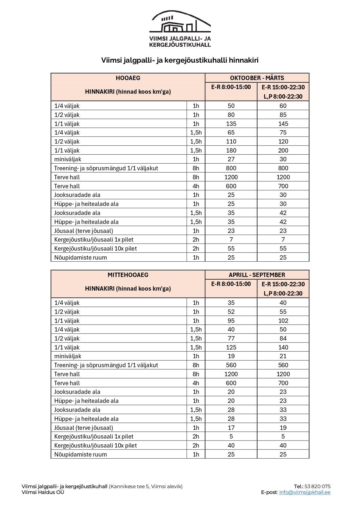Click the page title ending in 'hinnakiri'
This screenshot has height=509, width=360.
[x=180, y=60]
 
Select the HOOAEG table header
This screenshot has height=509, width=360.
[x=128, y=78]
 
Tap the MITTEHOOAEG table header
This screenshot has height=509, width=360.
[x=128, y=275]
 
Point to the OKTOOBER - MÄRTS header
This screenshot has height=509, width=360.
[x=257, y=78]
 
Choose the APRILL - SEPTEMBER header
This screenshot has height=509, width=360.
[x=257, y=275]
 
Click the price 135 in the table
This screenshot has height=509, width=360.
[x=231, y=124]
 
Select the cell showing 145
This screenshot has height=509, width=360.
[x=283, y=124]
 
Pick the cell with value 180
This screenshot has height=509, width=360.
[x=231, y=151]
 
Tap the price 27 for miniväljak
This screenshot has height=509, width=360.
[x=231, y=159]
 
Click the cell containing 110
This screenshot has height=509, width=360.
[x=231, y=142]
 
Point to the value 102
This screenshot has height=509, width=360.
[x=283, y=321]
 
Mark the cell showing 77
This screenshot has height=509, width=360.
[x=231, y=338]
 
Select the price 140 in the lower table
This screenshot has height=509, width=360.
[x=283, y=347]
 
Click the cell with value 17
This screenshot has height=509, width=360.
[x=231, y=428]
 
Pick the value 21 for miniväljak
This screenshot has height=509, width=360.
[x=283, y=356]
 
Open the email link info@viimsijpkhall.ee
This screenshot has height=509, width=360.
[x=305, y=492]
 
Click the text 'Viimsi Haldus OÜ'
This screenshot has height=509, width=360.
[x=43, y=492]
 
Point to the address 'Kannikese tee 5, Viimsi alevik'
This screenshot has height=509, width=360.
[x=146, y=486]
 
